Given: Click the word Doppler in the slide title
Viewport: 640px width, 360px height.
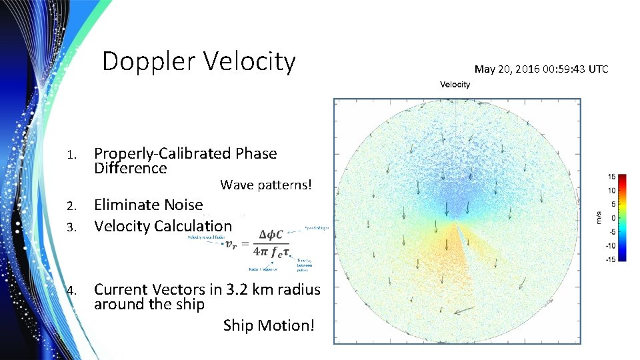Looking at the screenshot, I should tap(149, 62).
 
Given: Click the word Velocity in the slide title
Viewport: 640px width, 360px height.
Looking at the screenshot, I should tap(249, 62).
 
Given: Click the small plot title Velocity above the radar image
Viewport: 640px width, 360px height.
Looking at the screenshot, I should tap(455, 84).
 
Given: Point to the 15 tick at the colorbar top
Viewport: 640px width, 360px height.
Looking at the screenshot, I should tap(611, 177).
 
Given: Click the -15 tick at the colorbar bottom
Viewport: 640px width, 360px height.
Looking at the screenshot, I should tap(610, 259).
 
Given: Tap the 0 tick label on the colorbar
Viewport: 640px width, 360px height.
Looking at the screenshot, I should tap(613, 218).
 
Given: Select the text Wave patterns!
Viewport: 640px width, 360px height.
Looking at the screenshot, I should tap(265, 185).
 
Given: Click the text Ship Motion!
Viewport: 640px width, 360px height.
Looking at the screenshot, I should tap(269, 325).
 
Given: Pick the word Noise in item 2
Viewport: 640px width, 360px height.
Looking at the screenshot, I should tap(183, 205).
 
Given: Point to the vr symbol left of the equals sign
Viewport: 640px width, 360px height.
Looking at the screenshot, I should tap(229, 244).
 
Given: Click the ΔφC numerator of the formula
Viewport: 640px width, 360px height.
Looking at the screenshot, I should tap(271, 235).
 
